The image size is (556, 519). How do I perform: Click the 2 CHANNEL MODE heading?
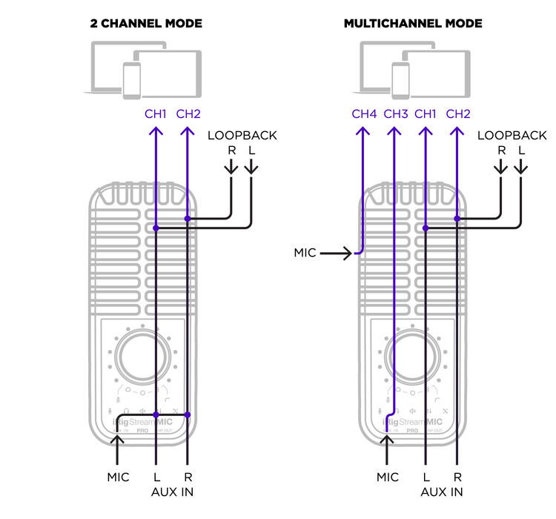(x=145, y=24)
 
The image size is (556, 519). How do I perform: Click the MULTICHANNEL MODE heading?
(x=413, y=24)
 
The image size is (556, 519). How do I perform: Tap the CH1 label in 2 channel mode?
(x=156, y=114)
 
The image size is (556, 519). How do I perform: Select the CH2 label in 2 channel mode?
(x=188, y=114)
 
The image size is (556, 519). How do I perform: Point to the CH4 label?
(x=364, y=114)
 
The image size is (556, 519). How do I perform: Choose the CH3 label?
(x=396, y=114)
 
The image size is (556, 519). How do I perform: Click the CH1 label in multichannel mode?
(x=426, y=114)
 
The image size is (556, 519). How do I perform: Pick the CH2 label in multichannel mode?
(x=458, y=114)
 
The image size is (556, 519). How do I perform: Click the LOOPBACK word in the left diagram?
(x=242, y=136)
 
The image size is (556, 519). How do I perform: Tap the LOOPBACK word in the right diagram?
(x=512, y=136)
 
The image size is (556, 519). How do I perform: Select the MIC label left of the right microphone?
(x=305, y=253)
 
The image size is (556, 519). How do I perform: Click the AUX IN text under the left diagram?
(x=172, y=492)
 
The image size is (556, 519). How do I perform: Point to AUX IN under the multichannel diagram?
(x=442, y=492)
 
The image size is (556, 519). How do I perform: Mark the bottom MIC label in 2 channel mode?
(x=118, y=477)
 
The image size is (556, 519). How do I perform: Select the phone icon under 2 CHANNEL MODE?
(x=132, y=78)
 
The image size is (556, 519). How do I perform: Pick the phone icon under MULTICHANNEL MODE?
(x=401, y=78)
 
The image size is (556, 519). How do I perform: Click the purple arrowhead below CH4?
(x=362, y=131)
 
